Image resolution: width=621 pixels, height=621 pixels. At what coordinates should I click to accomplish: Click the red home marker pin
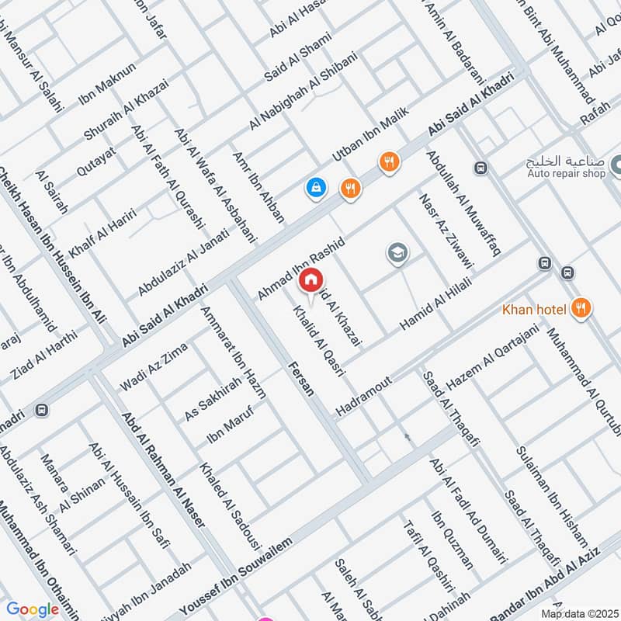coord(310,280)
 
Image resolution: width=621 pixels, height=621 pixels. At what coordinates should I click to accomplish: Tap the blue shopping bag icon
coord(315,186)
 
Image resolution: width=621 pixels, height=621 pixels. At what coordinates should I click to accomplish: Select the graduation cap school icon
coord(397,253)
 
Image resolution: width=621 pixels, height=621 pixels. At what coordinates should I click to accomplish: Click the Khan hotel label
coord(534,310)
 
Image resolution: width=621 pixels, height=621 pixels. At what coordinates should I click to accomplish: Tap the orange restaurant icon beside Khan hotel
coord(579,309)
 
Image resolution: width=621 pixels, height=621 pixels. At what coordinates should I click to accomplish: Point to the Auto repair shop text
coord(566,174)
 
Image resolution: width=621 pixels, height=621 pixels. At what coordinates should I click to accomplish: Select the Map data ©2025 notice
coord(578,613)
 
